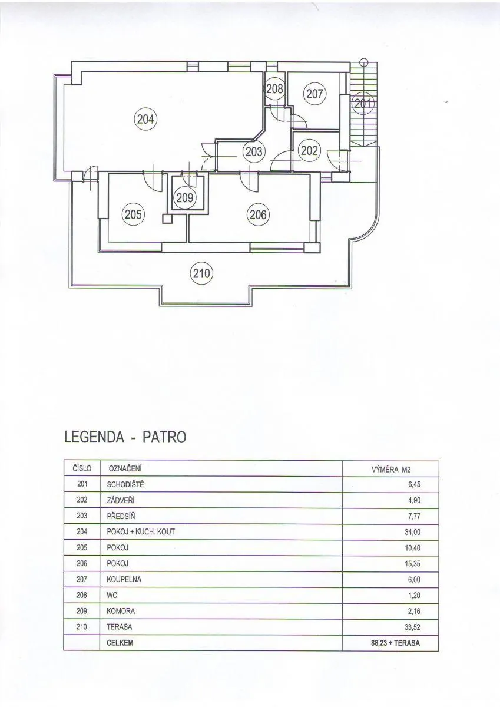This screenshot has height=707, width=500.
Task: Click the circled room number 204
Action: click(x=145, y=120)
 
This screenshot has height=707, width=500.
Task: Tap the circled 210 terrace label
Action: click(x=201, y=273)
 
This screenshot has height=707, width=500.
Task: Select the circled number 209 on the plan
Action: click(x=184, y=198)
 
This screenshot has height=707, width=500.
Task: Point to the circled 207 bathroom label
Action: click(x=314, y=94)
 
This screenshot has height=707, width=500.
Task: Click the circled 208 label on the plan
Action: click(x=274, y=90)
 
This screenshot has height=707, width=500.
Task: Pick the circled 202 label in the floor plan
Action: click(x=309, y=151)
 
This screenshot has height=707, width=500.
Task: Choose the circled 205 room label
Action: click(x=133, y=215)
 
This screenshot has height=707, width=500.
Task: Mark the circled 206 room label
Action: click(x=258, y=215)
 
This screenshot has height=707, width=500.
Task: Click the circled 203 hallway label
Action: click(x=254, y=151)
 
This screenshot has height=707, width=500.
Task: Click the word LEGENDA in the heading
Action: click(x=94, y=437)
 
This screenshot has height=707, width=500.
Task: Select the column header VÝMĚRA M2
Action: click(x=391, y=470)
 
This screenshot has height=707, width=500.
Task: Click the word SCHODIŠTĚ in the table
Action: click(x=125, y=484)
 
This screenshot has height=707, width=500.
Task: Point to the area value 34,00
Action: click(x=413, y=532)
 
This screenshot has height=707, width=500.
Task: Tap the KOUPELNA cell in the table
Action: click(x=124, y=580)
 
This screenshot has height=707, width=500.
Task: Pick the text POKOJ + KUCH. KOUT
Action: click(x=141, y=532)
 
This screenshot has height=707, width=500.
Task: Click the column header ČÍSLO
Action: click(x=82, y=469)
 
